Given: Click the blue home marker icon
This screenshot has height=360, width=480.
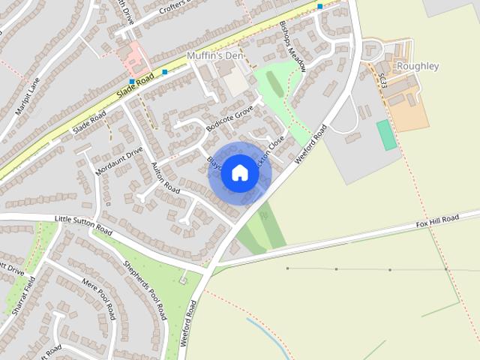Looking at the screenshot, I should (x=240, y=172).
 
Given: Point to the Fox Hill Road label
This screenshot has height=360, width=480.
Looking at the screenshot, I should (x=437, y=221).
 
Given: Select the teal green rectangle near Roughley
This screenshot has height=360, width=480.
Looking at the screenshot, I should (x=386, y=134).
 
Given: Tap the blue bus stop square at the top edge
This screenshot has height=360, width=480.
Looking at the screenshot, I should (x=320, y=6).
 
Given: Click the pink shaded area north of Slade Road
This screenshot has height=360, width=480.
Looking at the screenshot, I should (x=135, y=56).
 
